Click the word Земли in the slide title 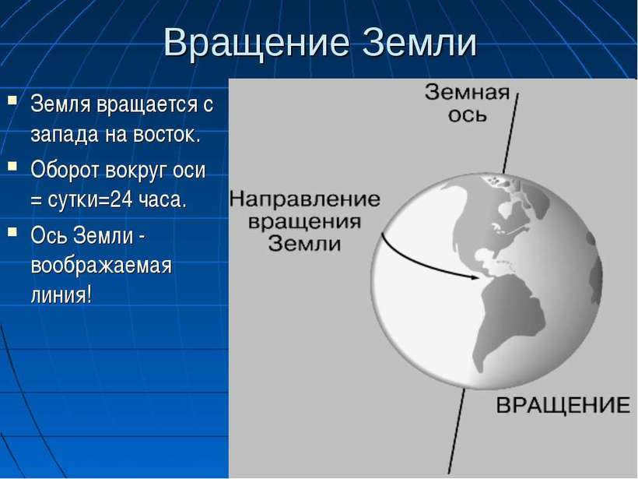(419, 42)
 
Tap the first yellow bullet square (12, 100)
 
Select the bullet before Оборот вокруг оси (12, 166)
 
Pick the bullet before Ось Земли (12, 232)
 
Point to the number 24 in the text (121, 199)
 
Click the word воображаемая (101, 266)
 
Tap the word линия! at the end (61, 294)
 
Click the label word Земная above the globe (467, 93)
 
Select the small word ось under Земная (467, 115)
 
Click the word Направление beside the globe (305, 199)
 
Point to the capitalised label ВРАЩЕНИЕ (563, 406)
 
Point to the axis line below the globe (457, 431)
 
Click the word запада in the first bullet (65, 136)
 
